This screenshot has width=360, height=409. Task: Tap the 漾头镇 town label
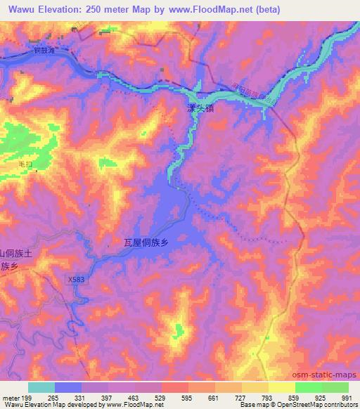tap(202, 109)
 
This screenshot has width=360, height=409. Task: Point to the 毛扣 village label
tap(27, 163)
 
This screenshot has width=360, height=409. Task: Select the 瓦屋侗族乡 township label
tap(146, 243)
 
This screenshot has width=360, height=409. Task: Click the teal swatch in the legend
tap(41, 387)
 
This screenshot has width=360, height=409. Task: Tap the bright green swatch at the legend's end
tap(335, 387)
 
